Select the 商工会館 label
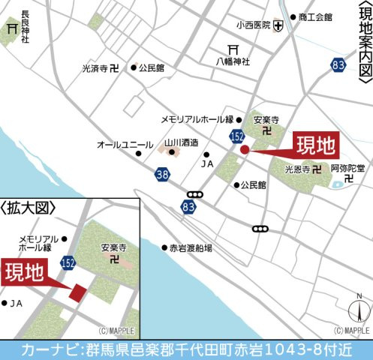[315, 16]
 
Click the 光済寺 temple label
[95, 68]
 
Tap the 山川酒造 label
[181, 142]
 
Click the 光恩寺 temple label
[298, 169]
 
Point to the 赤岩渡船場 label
[191, 247]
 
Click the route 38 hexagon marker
[164, 175]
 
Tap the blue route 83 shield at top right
[338, 66]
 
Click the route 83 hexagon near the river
[188, 205]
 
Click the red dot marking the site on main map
[245, 149]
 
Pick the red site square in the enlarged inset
[77, 292]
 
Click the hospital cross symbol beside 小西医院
[278, 25]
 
